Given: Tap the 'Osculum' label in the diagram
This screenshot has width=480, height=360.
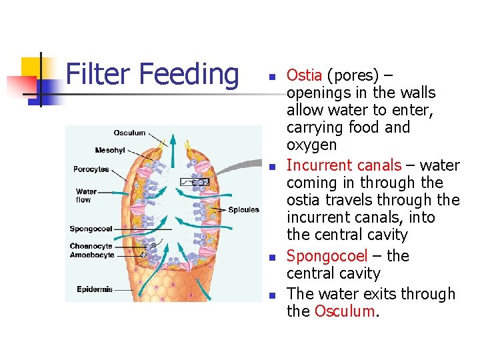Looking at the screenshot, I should coord(129,133).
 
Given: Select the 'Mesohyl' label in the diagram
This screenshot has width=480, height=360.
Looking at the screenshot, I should coord(110,150).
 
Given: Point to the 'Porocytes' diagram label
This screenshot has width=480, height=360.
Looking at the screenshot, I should coord(91,169).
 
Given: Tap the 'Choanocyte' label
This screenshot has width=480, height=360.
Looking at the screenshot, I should coord(91,247).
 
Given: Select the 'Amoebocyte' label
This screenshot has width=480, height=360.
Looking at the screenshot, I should coord(92,255).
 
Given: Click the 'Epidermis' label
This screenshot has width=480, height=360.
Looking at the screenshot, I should coord(95,289).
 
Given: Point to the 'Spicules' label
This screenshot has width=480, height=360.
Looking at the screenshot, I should coord(243,210).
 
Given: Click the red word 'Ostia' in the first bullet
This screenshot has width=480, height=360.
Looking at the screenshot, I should coord(305,75).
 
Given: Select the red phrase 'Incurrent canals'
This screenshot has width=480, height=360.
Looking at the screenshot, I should coord(343,165).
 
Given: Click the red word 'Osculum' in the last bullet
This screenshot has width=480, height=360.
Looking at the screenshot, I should coord(344,311).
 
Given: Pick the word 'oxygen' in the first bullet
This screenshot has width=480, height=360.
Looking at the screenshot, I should coord(311,145).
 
